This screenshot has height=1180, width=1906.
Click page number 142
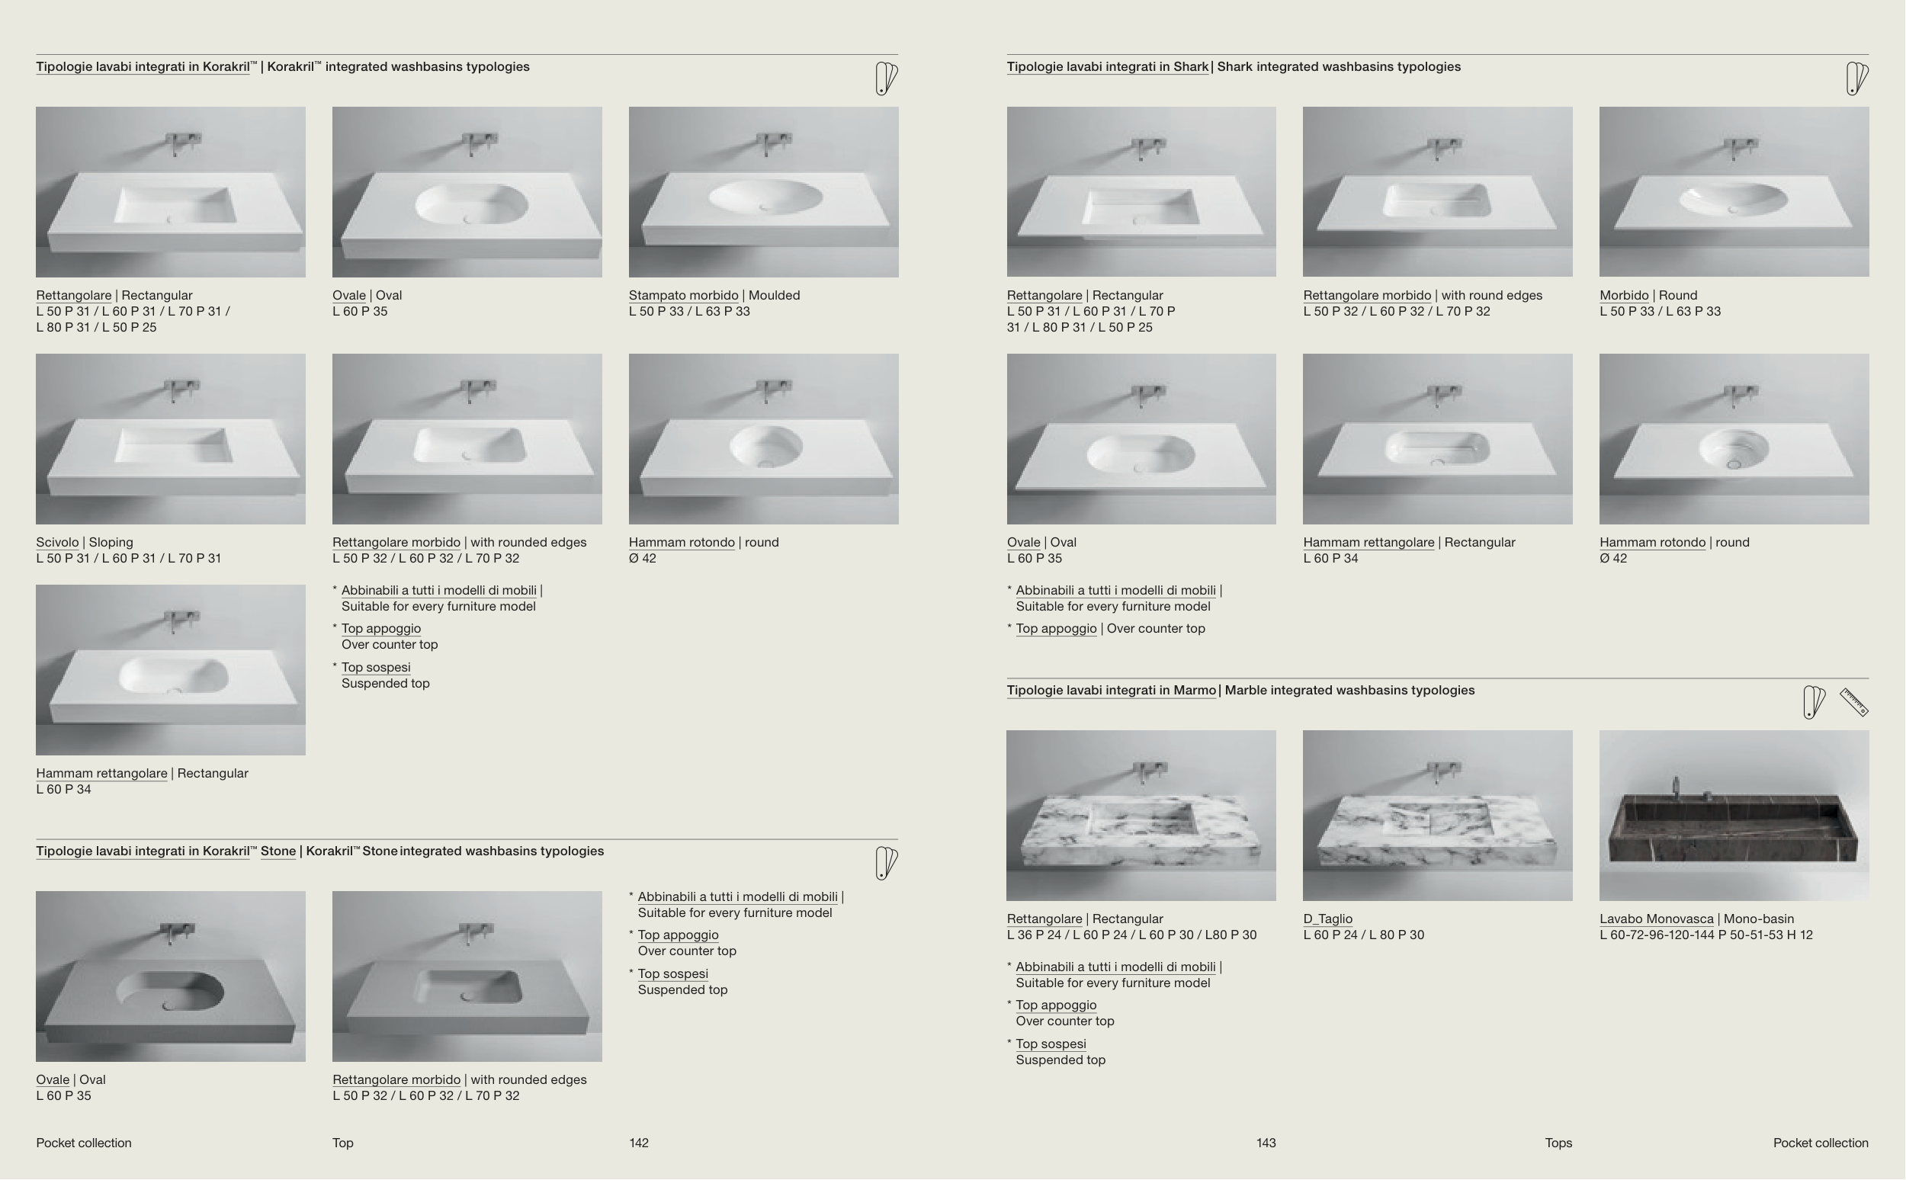click(x=638, y=1143)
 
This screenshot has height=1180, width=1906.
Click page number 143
click(x=1266, y=1143)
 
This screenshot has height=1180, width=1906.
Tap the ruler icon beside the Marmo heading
click(x=1853, y=701)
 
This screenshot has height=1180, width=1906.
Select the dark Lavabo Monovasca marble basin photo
click(x=1734, y=816)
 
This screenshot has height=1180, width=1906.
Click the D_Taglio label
click(x=1327, y=919)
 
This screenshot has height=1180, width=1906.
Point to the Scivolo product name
click(x=57, y=543)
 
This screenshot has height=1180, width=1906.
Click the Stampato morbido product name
click(x=683, y=295)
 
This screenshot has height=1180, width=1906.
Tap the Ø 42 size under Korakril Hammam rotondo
click(x=643, y=558)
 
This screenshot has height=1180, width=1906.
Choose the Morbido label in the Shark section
click(x=1623, y=295)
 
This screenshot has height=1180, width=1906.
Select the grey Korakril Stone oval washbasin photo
click(x=171, y=976)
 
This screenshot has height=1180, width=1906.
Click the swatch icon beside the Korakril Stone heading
click(x=886, y=863)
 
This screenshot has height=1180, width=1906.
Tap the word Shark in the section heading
click(x=1190, y=66)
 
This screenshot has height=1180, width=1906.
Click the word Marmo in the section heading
click(x=1195, y=690)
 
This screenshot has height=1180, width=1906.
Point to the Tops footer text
click(x=1558, y=1143)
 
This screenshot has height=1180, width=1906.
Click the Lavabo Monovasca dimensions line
click(x=1705, y=935)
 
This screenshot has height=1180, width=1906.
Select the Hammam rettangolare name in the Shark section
click(x=1369, y=543)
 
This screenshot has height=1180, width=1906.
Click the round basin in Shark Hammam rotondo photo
click(x=1733, y=450)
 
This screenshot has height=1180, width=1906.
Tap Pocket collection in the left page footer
click(x=84, y=1143)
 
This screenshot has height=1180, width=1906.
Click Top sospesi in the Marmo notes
click(x=1051, y=1044)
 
